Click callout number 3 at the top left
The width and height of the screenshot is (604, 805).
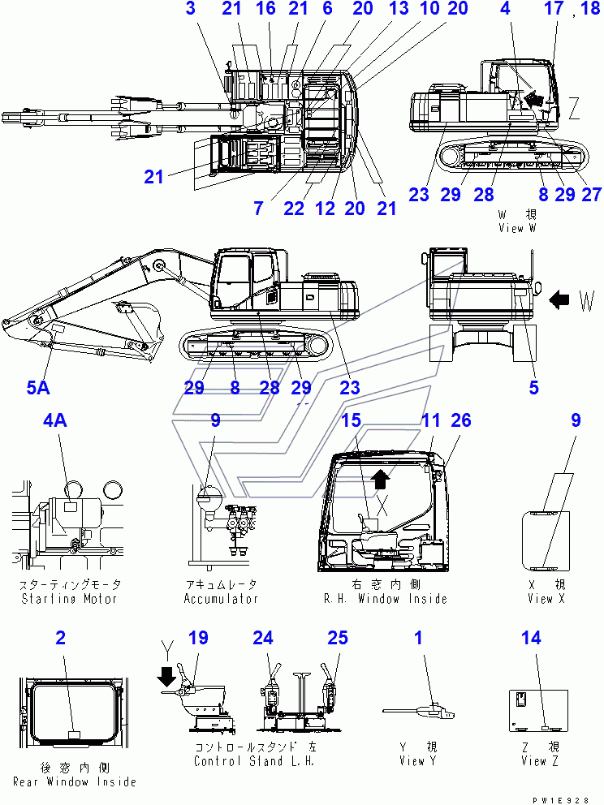coord(191,8)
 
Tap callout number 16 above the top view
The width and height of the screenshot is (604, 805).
coord(265,8)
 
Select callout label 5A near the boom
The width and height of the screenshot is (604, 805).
coord(38,388)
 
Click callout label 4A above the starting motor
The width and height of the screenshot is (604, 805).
coord(55,420)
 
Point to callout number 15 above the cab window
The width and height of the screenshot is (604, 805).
coord(352,420)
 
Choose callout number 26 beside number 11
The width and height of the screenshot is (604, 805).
coord(460,420)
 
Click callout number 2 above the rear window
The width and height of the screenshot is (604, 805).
coord(61,638)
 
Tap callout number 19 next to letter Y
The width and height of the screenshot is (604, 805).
coord(198,638)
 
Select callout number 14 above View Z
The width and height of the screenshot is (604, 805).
coord(531,638)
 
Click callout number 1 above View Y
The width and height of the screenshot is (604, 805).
coord(419,638)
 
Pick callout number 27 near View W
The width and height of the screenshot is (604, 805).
coord(591,195)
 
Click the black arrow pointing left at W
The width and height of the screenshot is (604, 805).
coord(559,299)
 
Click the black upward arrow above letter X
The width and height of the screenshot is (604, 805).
coord(380,479)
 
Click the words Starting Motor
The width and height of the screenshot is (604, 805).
coord(69,599)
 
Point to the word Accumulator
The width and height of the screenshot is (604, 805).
coord(221,599)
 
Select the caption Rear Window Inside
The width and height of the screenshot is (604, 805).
coord(75,781)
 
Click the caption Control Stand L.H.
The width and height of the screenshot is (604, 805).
coord(254,761)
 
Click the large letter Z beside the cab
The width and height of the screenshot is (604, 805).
coord(574,108)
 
